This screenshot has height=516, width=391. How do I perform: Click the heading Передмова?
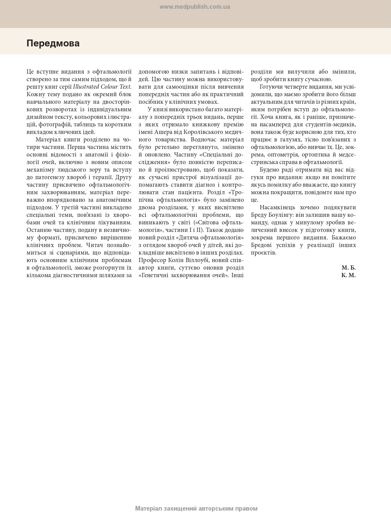53,43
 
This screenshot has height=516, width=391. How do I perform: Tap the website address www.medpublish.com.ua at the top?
195,7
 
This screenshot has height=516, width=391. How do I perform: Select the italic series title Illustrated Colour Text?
102,87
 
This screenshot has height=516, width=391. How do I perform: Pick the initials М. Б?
349,268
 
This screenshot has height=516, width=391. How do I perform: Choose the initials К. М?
349,275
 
